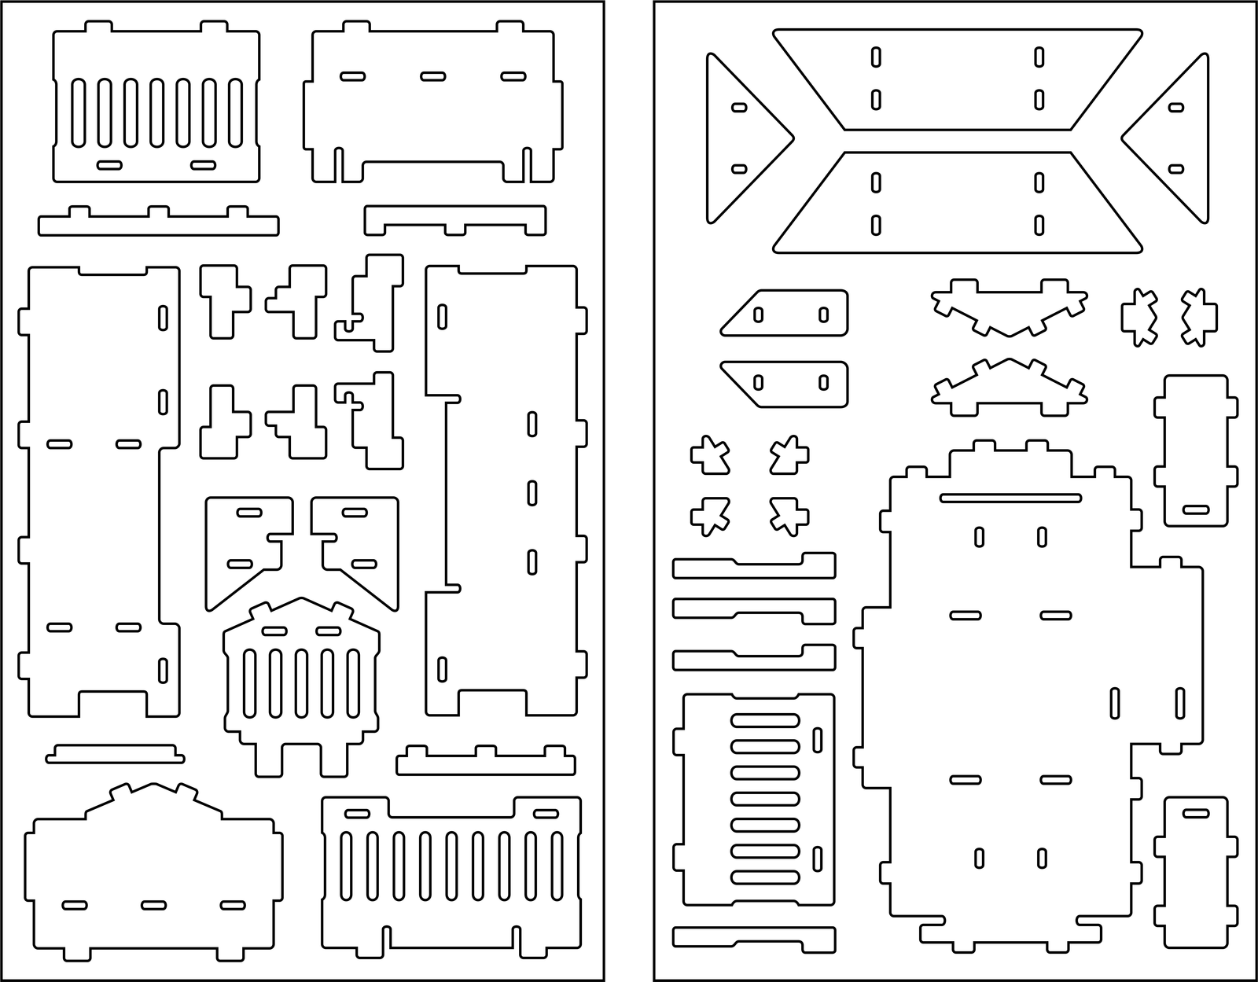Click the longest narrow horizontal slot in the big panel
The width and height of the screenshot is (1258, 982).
pyautogui.click(x=1010, y=497)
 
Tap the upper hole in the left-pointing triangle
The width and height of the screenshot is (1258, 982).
pyautogui.click(x=1176, y=108)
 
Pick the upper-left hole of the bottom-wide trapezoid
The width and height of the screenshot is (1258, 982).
pyautogui.click(x=876, y=182)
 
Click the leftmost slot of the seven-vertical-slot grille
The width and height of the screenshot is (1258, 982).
pyautogui.click(x=79, y=112)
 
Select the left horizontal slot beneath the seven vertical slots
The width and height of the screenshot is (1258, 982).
pyautogui.click(x=109, y=165)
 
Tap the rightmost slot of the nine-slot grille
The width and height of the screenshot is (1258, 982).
pyautogui.click(x=557, y=864)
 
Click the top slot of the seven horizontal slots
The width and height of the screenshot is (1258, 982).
pyautogui.click(x=765, y=719)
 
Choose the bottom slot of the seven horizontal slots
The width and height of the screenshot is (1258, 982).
pyautogui.click(x=765, y=877)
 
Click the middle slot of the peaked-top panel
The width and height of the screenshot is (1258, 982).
pyautogui.click(x=153, y=905)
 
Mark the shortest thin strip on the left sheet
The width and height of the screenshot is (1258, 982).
pyautogui.click(x=115, y=754)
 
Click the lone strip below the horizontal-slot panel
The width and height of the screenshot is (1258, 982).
pyautogui.click(x=753, y=937)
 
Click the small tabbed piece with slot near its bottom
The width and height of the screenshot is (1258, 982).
pyautogui.click(x=1195, y=448)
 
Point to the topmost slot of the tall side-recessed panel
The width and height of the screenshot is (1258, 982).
pyautogui.click(x=443, y=317)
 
